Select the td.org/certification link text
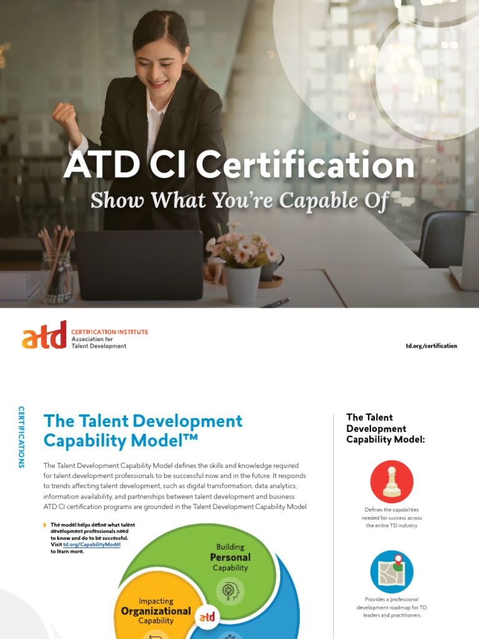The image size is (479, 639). [431, 346]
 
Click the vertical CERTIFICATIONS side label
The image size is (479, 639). [21, 437]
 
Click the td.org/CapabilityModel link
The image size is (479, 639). [92, 545]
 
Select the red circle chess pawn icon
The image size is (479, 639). [392, 482]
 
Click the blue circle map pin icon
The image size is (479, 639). [392, 572]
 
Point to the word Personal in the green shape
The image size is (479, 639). [230, 557]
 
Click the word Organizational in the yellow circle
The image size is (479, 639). [155, 611]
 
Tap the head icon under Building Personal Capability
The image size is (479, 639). [230, 590]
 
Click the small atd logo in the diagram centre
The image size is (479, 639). [206, 617]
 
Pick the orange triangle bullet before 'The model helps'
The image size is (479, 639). [45, 525]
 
